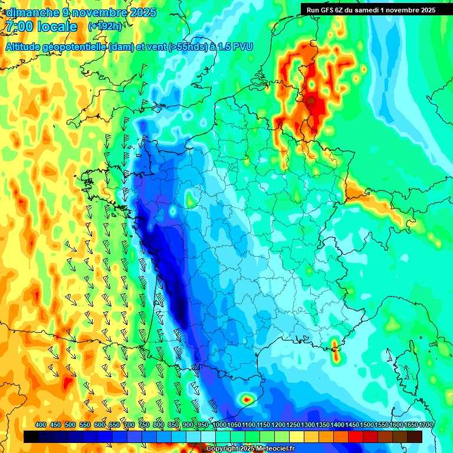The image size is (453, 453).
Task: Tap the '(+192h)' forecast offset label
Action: (104, 27)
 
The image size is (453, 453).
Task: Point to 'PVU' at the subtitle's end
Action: (242, 47)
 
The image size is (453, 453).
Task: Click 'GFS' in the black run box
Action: (328, 10)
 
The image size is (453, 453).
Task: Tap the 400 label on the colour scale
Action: (41, 425)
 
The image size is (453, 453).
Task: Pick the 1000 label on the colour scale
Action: (219, 425)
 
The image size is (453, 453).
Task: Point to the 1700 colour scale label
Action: (425, 425)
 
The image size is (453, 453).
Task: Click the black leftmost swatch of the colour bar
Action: (31, 436)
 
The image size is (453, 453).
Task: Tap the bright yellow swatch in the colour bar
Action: (297, 436)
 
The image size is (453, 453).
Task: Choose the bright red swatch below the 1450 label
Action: (356, 436)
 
